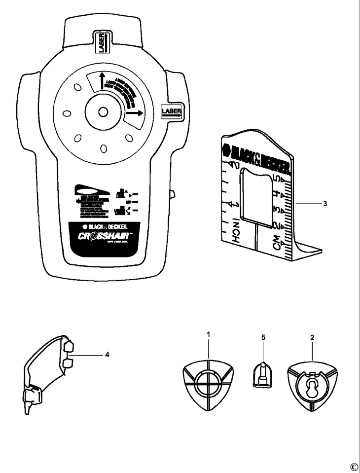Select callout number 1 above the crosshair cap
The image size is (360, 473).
(x=209, y=335)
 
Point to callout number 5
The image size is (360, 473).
(x=263, y=337)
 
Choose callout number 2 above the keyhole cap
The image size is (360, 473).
(x=312, y=338)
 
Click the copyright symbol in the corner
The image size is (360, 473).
(x=353, y=467)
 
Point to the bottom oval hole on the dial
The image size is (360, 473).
(x=103, y=148)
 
